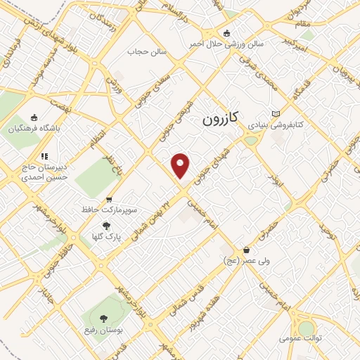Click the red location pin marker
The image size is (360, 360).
click(181, 165)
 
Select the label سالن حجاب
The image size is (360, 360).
click(146, 51)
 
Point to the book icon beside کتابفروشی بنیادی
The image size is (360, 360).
click(276, 113)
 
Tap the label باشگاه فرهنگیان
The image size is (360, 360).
click(35, 129)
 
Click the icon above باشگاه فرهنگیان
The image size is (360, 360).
click(34, 117)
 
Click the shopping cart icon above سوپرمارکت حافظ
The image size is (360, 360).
click(108, 200)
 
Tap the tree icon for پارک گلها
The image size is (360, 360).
click(106, 226)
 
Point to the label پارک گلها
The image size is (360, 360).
click(106, 237)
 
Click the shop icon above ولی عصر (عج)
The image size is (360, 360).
click(246, 250)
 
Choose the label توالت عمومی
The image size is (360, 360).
click(300, 339)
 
